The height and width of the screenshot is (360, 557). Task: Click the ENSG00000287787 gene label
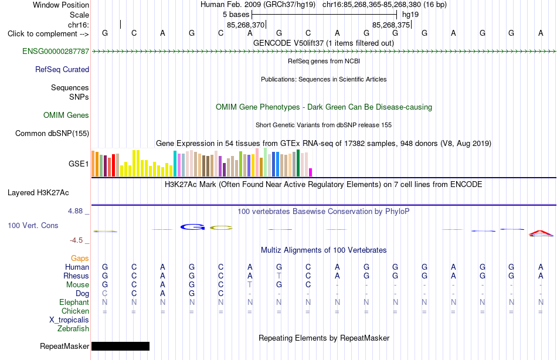(56, 51)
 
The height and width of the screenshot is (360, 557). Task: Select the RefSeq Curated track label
(62, 69)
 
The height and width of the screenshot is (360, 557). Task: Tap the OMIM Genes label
(66, 115)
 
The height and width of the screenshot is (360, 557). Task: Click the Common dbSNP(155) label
(52, 133)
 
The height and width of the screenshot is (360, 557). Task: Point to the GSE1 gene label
(79, 164)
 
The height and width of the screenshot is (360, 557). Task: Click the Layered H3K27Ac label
(38, 193)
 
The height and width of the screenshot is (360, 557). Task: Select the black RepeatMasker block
(120, 346)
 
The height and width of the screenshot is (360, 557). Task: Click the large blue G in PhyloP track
(192, 227)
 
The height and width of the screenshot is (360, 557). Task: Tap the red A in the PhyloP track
(541, 233)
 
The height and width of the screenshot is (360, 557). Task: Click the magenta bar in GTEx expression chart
(311, 172)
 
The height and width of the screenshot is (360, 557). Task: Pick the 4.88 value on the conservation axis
(75, 211)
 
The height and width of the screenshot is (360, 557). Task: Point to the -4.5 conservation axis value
(76, 240)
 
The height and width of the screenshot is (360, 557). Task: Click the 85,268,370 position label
(246, 25)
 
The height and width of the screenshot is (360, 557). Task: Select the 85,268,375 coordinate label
(391, 25)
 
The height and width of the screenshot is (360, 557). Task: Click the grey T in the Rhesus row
(279, 276)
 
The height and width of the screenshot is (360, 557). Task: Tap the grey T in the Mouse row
(250, 285)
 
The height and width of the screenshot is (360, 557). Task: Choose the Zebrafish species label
(73, 329)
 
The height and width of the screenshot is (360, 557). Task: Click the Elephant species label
(74, 302)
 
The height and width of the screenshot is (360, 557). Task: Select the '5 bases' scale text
(236, 15)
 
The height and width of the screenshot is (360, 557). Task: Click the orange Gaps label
(80, 259)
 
